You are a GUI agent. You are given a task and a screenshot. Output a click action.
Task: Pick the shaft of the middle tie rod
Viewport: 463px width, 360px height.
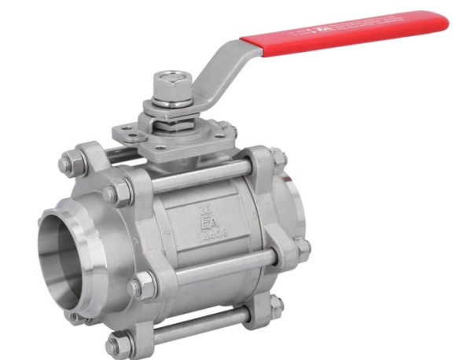point(220,266)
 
